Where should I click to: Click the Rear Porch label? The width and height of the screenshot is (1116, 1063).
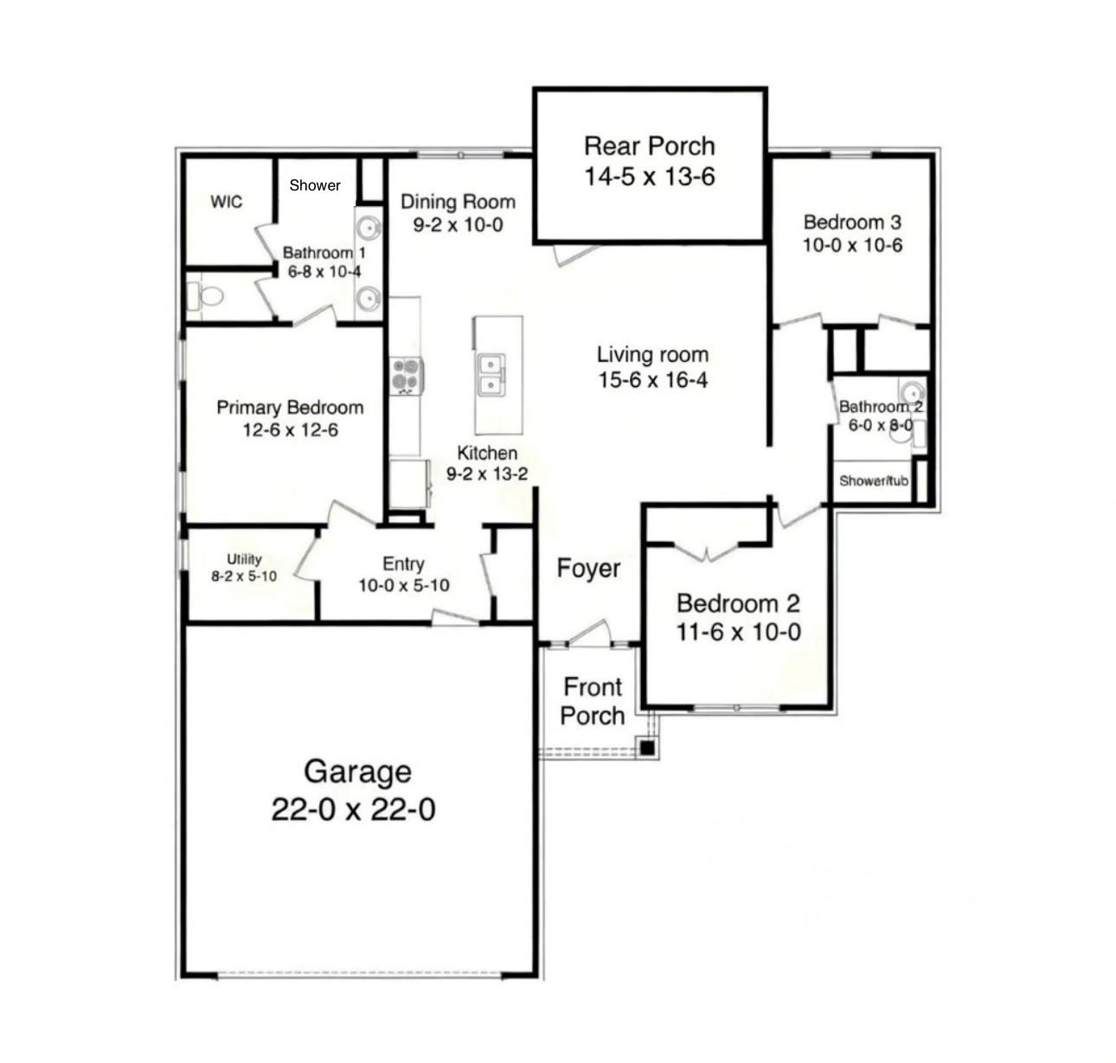[649, 145]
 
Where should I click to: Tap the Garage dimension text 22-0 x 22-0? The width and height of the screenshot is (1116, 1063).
[353, 810]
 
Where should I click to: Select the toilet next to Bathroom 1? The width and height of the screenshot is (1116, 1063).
[208, 297]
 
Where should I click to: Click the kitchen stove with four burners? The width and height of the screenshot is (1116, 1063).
[406, 377]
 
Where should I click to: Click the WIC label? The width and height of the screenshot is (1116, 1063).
[227, 202]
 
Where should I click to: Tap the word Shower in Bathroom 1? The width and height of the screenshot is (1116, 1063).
[315, 185]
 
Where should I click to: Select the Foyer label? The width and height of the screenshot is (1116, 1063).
[588, 569]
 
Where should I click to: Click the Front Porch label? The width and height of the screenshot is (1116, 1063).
[592, 701]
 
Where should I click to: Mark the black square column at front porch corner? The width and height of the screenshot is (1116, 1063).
[647, 746]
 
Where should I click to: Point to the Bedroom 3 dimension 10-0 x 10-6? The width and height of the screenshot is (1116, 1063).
[852, 245]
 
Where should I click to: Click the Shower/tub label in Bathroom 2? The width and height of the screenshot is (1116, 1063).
[874, 480]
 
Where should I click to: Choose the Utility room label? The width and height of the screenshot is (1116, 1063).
[244, 559]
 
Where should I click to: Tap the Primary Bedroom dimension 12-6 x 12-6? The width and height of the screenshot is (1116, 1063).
[290, 430]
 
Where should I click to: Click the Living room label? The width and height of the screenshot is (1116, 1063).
[652, 354]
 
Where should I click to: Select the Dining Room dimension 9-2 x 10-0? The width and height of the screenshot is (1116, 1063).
[458, 225]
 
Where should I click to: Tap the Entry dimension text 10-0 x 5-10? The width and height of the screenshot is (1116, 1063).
[403, 585]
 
